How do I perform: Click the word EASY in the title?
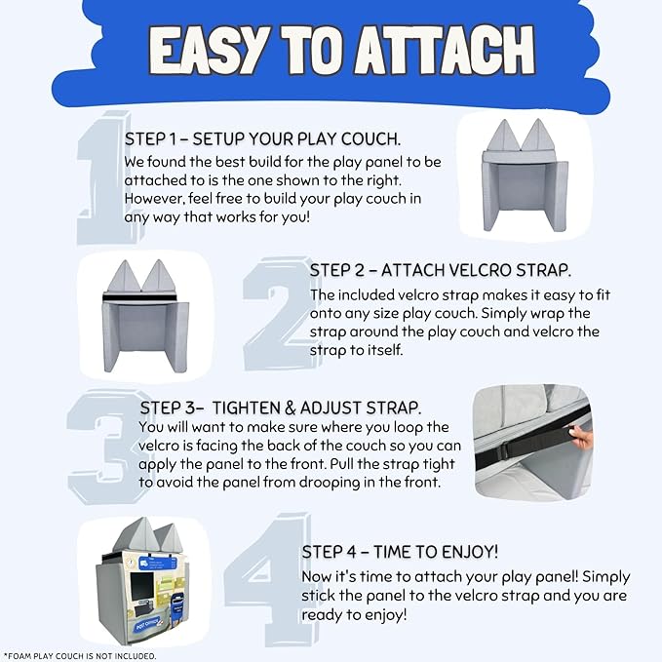209,51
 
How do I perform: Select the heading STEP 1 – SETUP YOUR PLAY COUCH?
262,138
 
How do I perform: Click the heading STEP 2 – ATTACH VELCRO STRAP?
441,270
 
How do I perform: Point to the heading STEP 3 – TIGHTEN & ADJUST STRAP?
281,408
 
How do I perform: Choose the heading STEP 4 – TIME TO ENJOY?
401,552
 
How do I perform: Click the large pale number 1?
104,177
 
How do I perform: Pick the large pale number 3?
105,447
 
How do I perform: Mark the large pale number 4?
270,578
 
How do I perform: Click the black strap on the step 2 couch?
140,298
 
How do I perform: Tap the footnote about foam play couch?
80,656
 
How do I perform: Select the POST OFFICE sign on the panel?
148,624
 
